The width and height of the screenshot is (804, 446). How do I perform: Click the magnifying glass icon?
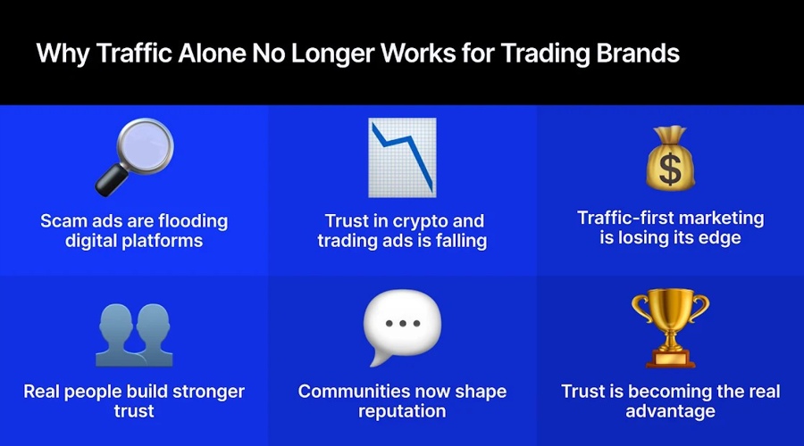134,156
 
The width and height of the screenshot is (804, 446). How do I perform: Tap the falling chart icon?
402,157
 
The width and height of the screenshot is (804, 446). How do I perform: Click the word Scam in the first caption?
65,220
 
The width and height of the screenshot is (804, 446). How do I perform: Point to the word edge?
719,238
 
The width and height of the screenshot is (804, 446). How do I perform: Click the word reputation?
402,411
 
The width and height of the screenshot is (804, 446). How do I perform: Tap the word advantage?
670,411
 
